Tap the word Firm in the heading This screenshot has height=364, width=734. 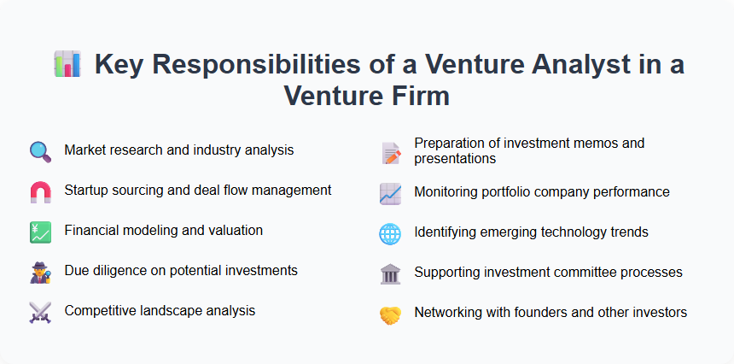(x=417, y=96)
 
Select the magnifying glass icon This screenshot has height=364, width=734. (x=40, y=151)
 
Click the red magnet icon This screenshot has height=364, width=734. (x=40, y=191)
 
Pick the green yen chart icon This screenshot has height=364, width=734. (x=40, y=232)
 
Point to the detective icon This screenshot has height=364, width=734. (x=40, y=272)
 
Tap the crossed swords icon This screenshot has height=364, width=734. (x=40, y=312)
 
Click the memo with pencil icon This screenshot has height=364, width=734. (x=390, y=152)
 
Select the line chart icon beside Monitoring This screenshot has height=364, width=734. (x=390, y=193)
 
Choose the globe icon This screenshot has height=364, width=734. (x=390, y=233)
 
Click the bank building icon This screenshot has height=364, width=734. (x=390, y=273)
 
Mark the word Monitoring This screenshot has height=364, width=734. (x=446, y=192)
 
